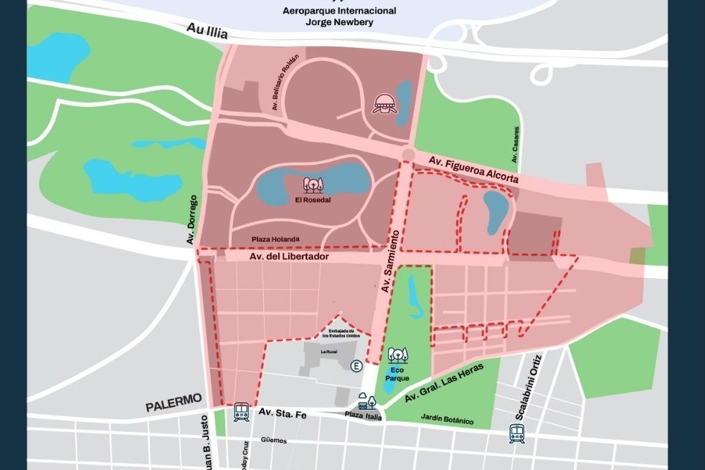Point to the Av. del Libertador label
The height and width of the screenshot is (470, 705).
click(289, 256)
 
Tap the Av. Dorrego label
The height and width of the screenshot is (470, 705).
click(192, 219)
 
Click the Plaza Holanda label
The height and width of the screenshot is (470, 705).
click(275, 239)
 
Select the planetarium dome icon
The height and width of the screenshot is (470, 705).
click(384, 105)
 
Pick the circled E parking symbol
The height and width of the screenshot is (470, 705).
click(356, 366)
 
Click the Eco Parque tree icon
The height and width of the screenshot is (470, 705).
click(397, 355)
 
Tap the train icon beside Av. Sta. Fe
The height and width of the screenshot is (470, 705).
click(241, 411)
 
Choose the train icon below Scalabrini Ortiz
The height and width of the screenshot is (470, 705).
click(517, 433)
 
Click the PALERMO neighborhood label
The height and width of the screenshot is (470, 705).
click(174, 406)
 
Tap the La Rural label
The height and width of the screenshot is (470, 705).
click(328, 352)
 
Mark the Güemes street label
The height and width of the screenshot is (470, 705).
click(274, 441)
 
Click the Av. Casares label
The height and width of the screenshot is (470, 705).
click(516, 139)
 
